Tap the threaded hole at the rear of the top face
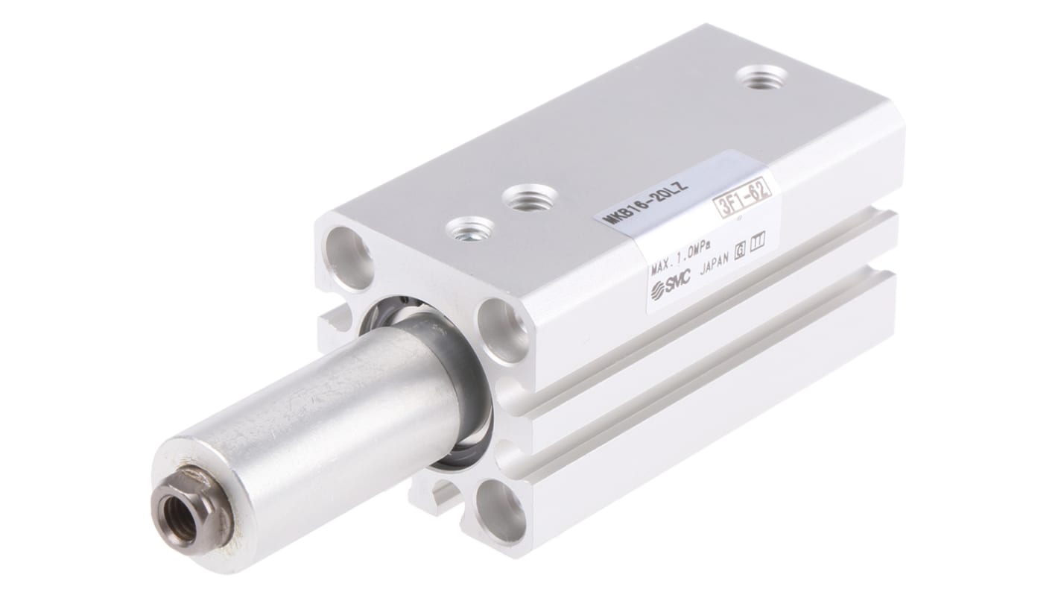[761, 77]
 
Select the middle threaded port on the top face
[529, 198]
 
